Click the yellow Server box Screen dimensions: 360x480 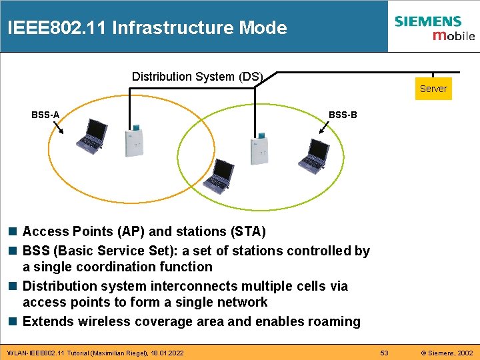(x=433, y=89)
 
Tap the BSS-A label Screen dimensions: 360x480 (x=45, y=115)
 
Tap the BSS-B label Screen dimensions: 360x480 (x=343, y=115)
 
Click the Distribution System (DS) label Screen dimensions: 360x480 (x=197, y=77)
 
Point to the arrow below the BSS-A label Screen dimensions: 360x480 (x=56, y=127)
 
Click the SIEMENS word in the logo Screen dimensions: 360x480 (x=427, y=21)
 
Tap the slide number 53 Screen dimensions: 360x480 (x=384, y=352)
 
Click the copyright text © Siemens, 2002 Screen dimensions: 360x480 (x=447, y=352)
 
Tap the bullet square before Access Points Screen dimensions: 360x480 (x=13, y=232)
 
